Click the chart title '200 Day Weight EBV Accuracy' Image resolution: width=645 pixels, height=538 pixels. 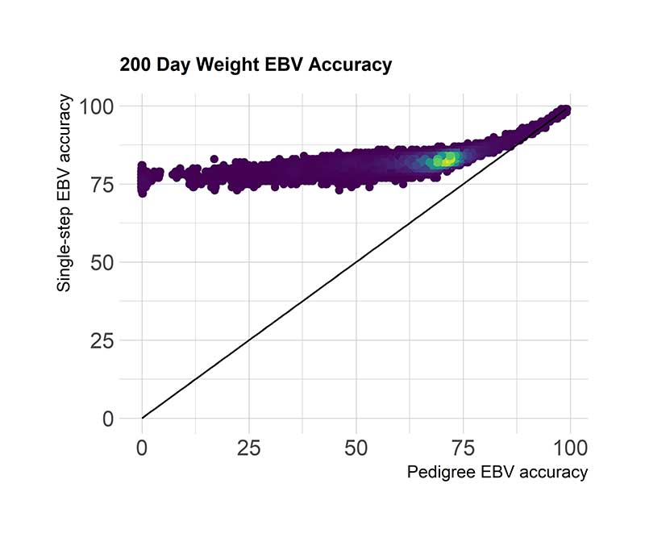[256, 65]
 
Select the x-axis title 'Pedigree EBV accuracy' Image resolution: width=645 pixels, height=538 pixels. [497, 473]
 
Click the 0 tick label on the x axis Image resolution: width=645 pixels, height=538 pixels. [143, 446]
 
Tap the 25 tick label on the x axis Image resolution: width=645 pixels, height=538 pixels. [249, 446]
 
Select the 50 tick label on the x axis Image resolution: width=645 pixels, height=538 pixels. [356, 446]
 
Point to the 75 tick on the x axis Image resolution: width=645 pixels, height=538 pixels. [464, 446]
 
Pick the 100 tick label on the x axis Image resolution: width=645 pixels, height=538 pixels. [570, 446]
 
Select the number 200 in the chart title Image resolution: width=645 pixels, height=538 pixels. [135, 65]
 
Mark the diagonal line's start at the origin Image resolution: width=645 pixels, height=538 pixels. [143, 417]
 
